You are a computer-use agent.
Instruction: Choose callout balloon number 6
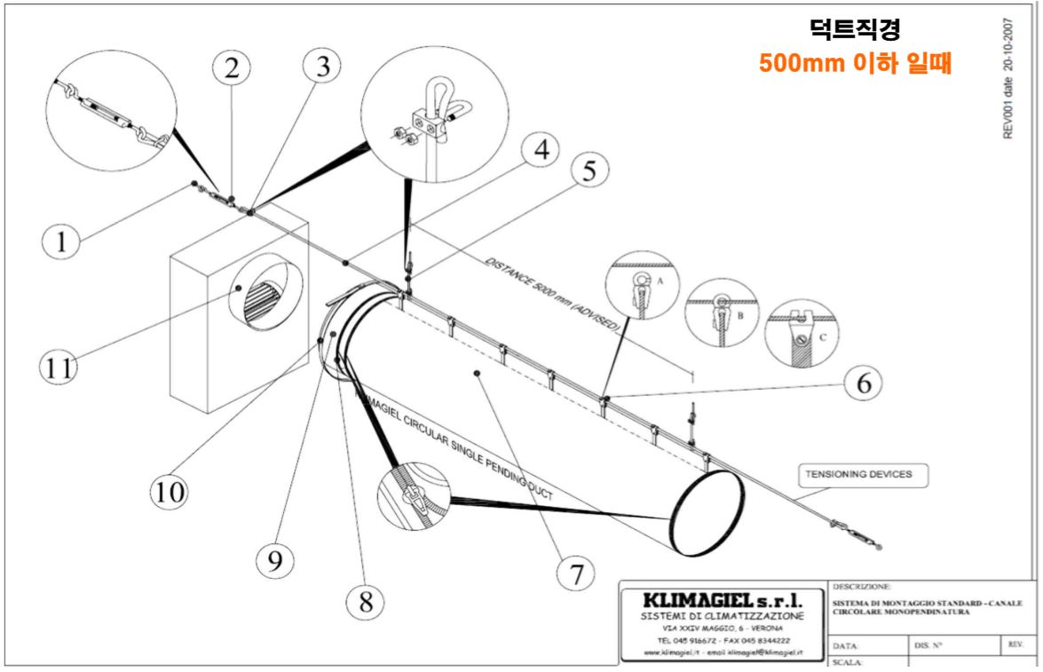[862, 383]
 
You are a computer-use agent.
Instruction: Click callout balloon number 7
[577, 573]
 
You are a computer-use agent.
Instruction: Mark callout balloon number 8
[365, 603]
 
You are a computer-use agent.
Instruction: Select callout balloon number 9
[274, 558]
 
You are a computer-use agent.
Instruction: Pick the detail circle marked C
[802, 333]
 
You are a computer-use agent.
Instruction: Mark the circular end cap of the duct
[709, 513]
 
